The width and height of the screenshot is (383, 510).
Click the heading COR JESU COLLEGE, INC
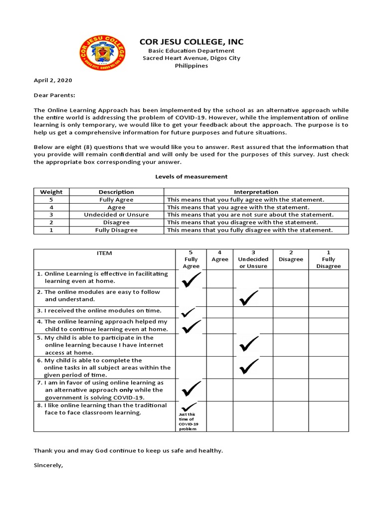(x=191, y=41)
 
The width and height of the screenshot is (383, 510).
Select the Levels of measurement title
(x=191, y=176)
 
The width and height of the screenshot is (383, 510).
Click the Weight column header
(x=51, y=192)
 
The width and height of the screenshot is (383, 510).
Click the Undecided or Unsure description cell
(x=116, y=215)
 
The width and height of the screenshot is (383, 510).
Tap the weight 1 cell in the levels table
(x=51, y=230)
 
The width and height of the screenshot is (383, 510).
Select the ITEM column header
(x=104, y=253)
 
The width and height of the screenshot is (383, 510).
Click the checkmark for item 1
(x=191, y=281)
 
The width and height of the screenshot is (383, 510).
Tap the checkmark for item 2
(x=248, y=298)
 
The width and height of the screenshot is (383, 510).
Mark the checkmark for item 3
(x=189, y=312)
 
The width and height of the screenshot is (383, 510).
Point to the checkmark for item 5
(x=248, y=344)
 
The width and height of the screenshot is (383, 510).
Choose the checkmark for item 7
(x=191, y=388)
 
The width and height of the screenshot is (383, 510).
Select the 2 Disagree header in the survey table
(x=290, y=256)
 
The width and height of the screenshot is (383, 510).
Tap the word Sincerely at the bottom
(x=49, y=467)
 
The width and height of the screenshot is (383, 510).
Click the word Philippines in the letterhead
(x=191, y=66)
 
